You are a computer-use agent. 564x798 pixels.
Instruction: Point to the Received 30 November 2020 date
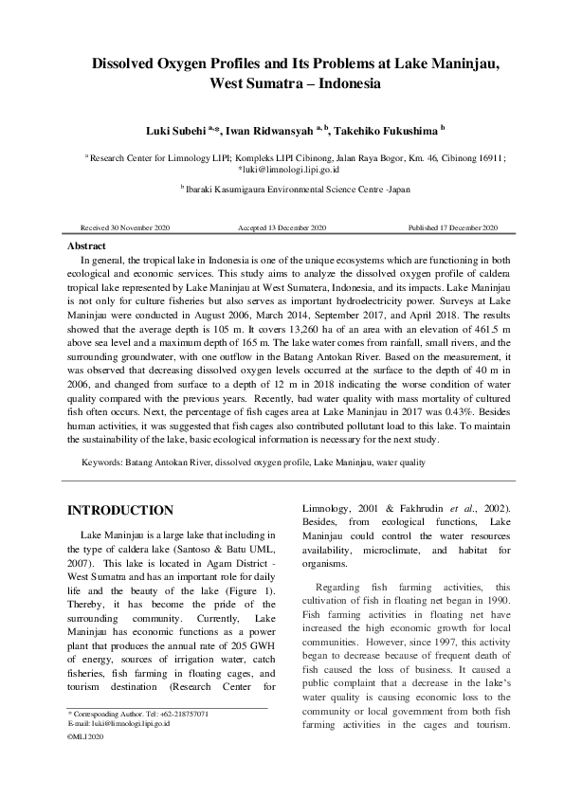125,228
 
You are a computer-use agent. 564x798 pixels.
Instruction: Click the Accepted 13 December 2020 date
282,228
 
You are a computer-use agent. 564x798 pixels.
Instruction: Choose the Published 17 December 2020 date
453,228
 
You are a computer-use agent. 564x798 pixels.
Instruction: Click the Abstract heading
87,245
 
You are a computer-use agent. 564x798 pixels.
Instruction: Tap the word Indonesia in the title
346,83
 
